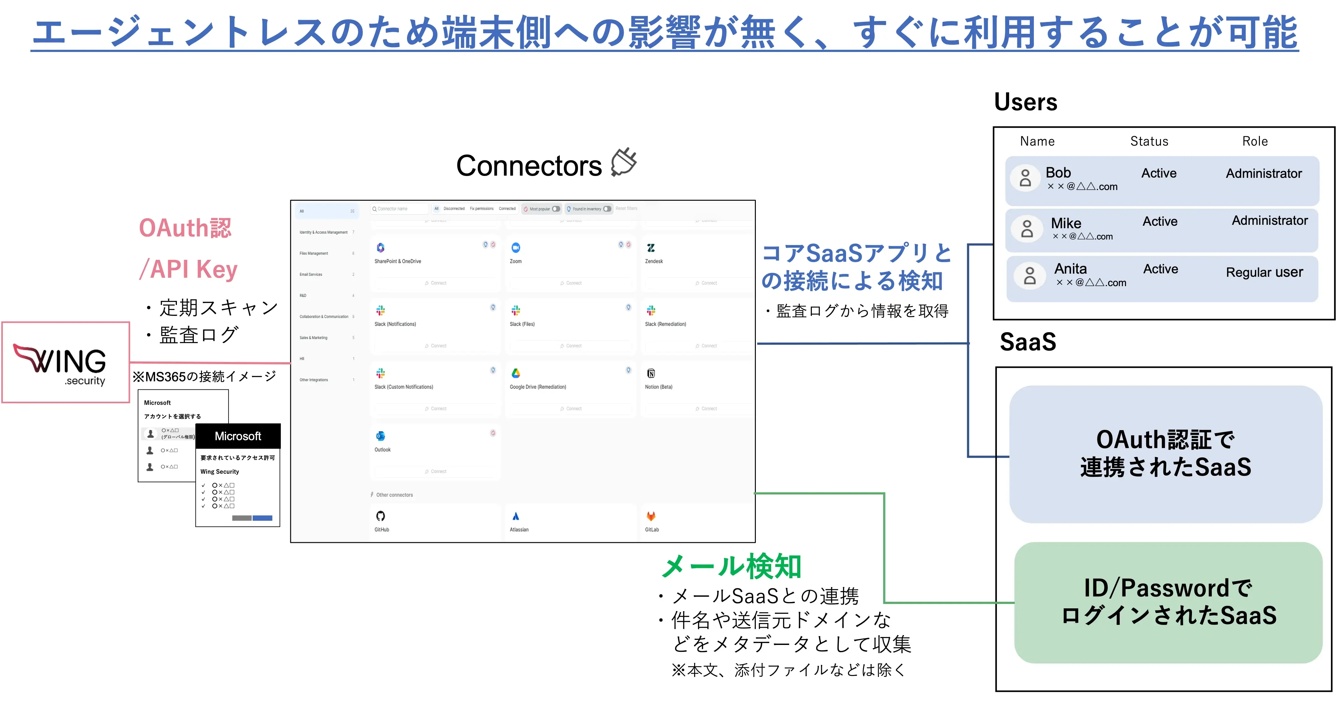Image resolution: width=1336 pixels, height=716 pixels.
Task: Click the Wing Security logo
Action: [65, 363]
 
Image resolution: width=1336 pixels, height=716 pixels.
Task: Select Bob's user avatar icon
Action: [1025, 178]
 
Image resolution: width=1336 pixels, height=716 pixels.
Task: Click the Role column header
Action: [1255, 141]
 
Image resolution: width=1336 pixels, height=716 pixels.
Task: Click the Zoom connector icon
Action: [516, 247]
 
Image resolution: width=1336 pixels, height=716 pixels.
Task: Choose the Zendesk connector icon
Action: [651, 247]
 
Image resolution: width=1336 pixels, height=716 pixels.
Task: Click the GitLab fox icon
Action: [651, 516]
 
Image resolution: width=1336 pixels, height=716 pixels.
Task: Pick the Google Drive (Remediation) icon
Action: [516, 373]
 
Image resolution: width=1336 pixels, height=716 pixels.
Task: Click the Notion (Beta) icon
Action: [651, 373]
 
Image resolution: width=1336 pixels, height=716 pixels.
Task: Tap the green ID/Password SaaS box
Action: [1168, 602]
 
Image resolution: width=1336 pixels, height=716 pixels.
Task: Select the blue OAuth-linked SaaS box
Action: [1165, 454]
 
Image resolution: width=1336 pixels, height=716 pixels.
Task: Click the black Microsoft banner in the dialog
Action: [238, 436]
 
